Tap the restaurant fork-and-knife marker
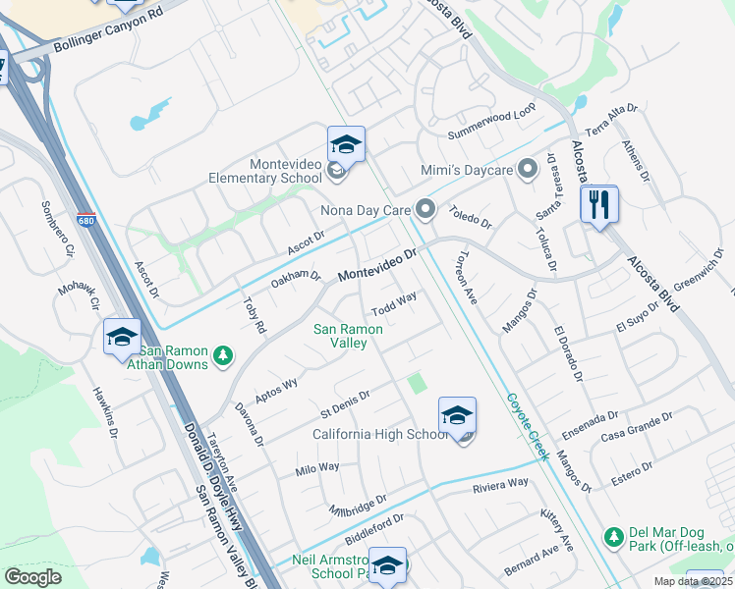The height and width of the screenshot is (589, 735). (x=598, y=205)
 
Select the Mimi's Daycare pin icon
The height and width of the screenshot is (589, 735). (x=528, y=170)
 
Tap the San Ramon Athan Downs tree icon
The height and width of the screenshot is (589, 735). (x=223, y=353)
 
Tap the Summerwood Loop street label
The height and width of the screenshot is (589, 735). (x=491, y=120)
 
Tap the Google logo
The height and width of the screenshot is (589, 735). (x=32, y=577)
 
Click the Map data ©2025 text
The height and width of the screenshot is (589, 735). (x=692, y=581)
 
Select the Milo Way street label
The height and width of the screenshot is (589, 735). (x=317, y=469)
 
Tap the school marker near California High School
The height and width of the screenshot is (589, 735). (x=457, y=416)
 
